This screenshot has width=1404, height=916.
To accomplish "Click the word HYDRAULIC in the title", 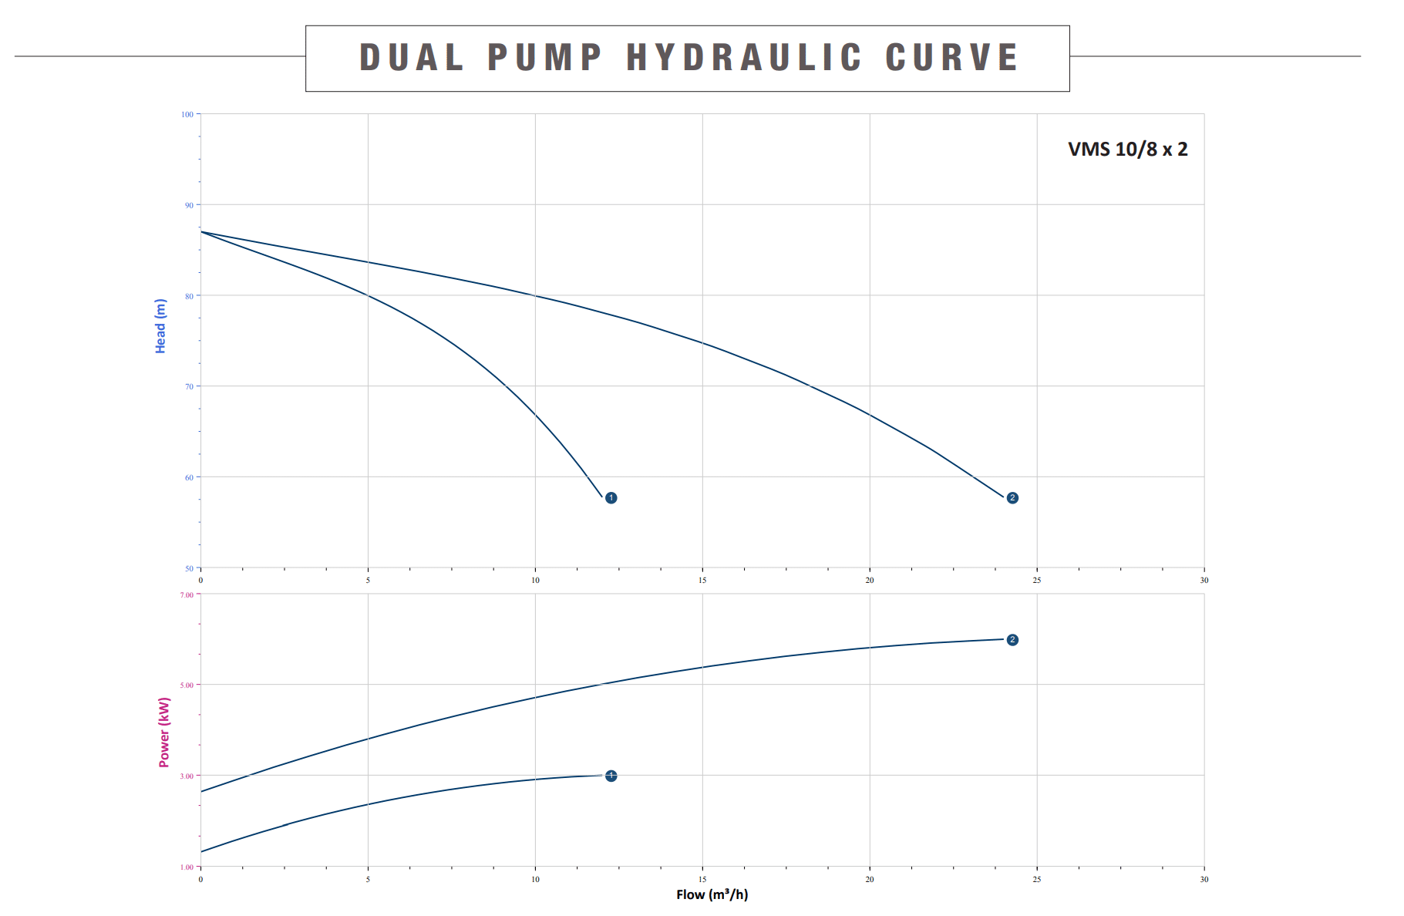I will tap(744, 58).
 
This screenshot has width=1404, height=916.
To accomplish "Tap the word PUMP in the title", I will tap(545, 58).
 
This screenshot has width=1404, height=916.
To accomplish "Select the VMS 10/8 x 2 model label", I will tap(1127, 150).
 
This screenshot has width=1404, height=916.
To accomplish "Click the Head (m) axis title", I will tap(160, 326).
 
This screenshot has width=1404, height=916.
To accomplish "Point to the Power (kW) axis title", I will tap(164, 732).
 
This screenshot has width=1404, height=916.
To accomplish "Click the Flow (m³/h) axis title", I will tap(712, 894).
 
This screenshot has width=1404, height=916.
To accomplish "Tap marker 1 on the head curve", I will tap(611, 498).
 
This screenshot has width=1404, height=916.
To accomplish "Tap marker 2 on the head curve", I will tap(1012, 498).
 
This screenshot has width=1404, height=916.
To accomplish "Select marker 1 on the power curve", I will tap(611, 776).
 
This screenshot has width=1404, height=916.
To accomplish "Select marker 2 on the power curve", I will tap(1012, 640).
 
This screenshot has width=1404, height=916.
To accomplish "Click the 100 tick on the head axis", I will tap(187, 115).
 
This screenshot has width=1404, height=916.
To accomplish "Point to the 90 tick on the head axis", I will tap(189, 206).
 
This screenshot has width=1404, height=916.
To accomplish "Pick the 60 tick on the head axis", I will tap(189, 478).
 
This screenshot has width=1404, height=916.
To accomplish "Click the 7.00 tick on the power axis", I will tap(187, 595).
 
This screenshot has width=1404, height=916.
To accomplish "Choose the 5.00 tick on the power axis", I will tap(187, 685).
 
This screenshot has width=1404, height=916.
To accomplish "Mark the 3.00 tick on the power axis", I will tap(187, 776).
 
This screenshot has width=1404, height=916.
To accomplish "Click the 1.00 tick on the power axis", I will tap(187, 867).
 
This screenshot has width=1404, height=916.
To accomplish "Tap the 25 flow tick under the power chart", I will tap(1037, 879).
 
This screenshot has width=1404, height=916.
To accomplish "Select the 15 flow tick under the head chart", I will tap(702, 581).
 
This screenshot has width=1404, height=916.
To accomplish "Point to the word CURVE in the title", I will tap(952, 58).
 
